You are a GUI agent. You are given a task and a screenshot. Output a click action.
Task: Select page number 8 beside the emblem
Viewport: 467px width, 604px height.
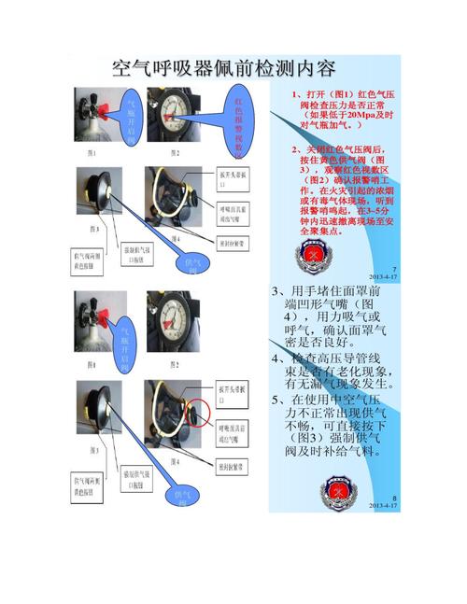coord(394,498)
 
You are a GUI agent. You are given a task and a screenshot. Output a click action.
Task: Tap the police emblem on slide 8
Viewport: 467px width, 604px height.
coord(334,490)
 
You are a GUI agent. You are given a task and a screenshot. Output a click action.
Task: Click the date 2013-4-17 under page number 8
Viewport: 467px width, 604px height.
coord(383,505)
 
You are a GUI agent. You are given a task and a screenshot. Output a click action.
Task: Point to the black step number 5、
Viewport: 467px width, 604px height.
coord(277,400)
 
